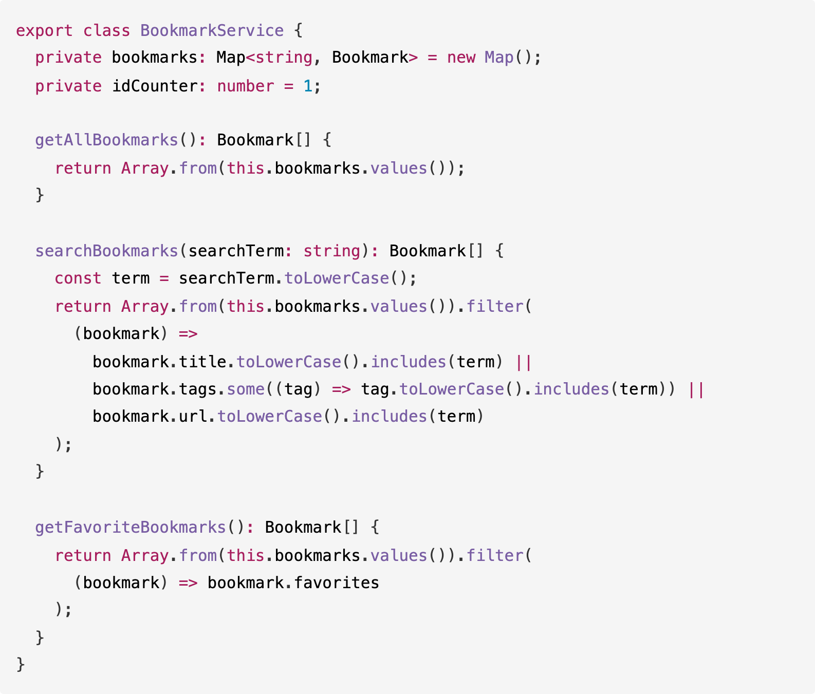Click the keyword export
[x=44, y=31]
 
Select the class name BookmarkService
[x=212, y=31]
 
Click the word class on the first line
[x=106, y=31]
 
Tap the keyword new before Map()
[x=461, y=58]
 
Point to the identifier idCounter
[x=155, y=86]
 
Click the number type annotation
[x=246, y=86]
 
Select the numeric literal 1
[x=308, y=86]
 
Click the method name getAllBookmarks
[x=106, y=140]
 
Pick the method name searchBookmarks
[x=106, y=251]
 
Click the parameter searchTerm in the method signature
[x=236, y=251]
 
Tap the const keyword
[x=78, y=278]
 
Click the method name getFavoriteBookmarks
[x=131, y=528]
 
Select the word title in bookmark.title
[x=202, y=362]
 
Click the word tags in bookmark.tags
[x=197, y=389]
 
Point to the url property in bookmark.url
[x=193, y=416]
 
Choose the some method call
[x=246, y=389]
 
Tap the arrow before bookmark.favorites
[x=188, y=583]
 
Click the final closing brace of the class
[x=21, y=664]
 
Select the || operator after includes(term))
[x=696, y=389]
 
